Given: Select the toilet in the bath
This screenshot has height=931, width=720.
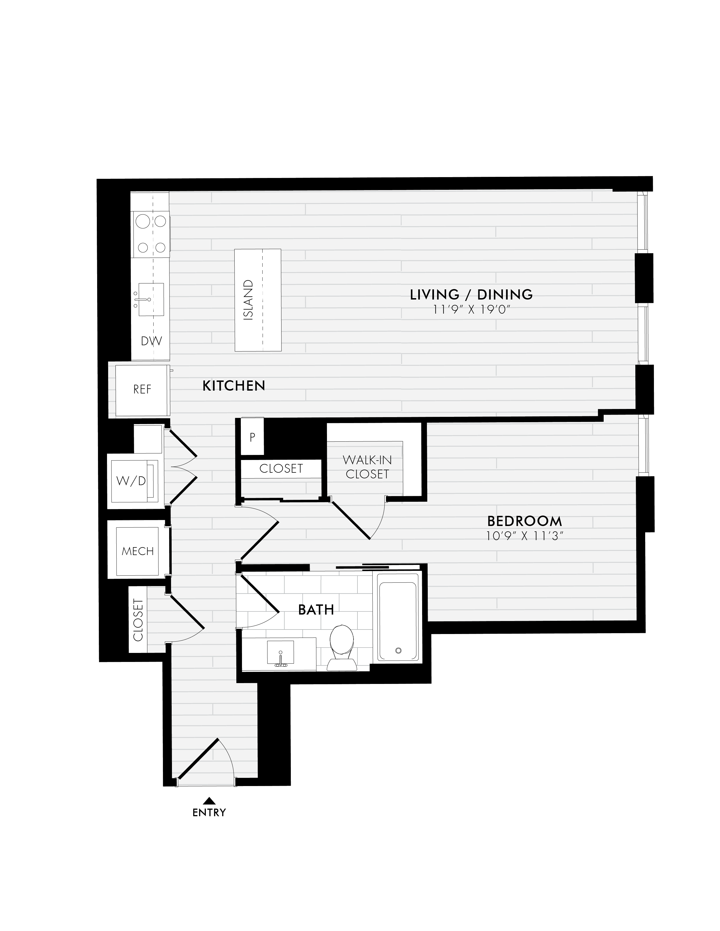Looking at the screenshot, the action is [341, 648].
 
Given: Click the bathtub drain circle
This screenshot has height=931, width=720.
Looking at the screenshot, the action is [398, 650].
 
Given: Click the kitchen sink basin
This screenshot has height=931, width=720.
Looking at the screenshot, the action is [151, 299].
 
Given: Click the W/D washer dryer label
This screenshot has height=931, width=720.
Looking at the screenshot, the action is [131, 481].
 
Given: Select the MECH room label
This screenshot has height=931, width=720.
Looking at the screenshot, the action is [138, 551].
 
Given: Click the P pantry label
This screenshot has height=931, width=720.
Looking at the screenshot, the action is [252, 437].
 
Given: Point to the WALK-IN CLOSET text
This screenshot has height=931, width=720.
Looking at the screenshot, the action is [367, 467].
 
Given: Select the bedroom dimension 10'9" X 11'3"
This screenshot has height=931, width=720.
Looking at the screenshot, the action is [522, 536].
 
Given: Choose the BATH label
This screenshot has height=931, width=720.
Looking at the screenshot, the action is [316, 609].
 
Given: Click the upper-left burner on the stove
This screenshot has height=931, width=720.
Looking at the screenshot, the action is [143, 221].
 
